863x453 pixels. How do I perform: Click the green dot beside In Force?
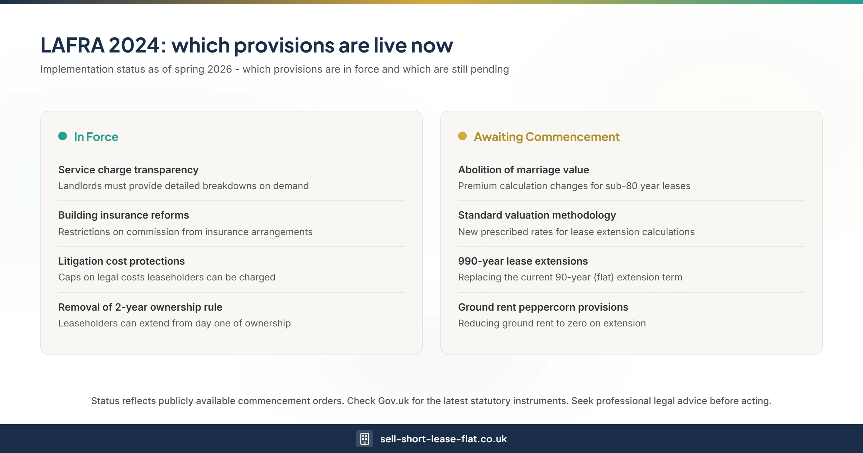[x=63, y=136]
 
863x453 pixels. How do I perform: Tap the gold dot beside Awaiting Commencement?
[x=462, y=136]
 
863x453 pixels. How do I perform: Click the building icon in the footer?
[x=364, y=439]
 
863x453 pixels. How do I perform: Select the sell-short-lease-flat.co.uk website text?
[x=443, y=439]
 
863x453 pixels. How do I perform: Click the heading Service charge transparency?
[x=128, y=170]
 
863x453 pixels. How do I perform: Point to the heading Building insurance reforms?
[x=124, y=215]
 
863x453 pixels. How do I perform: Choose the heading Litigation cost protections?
[x=122, y=261]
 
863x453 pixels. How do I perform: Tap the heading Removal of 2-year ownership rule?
[x=140, y=307]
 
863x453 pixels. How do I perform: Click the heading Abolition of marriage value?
[x=524, y=170]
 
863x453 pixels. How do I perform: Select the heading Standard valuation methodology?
[x=537, y=215]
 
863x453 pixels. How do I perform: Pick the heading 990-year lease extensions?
[x=523, y=261]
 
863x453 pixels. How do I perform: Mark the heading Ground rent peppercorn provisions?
[x=543, y=307]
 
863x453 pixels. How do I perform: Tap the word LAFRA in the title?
[x=72, y=45]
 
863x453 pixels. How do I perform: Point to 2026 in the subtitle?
[x=219, y=69]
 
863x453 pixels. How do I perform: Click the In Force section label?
[x=96, y=137]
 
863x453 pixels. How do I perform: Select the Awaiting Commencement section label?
[x=547, y=137]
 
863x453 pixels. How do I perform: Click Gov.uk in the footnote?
[x=393, y=401]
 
